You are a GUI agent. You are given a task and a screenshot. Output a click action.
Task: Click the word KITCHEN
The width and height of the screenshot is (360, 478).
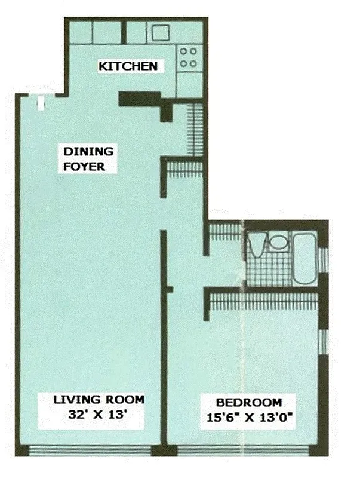128,66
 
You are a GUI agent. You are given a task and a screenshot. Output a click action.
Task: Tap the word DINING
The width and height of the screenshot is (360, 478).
88,152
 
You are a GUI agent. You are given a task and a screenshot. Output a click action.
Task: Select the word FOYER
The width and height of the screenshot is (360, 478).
85,167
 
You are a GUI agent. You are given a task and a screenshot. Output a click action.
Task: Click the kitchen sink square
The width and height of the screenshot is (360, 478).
160,33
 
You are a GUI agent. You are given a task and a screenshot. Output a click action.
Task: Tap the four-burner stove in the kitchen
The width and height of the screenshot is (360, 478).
189,57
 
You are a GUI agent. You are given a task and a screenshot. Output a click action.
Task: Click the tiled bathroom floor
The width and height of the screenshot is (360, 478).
269,272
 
